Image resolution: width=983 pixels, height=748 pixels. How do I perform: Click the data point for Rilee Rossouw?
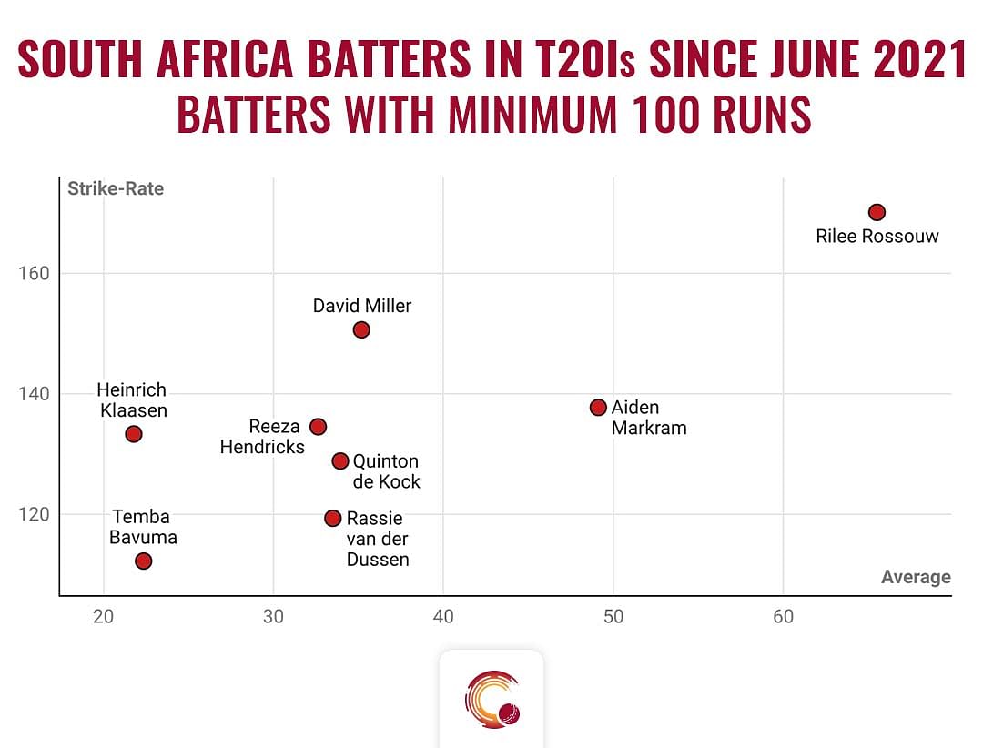(877, 212)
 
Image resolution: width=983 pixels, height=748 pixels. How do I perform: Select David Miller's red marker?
(361, 329)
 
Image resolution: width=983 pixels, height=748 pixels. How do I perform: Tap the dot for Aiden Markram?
(598, 407)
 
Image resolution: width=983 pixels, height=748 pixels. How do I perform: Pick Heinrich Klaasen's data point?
(134, 434)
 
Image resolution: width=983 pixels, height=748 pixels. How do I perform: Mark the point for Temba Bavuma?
(143, 561)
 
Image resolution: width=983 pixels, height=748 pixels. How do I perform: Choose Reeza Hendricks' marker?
(318, 427)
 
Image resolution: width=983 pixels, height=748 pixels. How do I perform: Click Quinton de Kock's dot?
(340, 460)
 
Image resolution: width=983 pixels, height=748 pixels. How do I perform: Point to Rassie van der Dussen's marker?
(332, 518)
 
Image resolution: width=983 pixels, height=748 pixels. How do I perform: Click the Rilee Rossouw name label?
(877, 237)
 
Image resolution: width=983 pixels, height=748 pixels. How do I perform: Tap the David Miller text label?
(362, 306)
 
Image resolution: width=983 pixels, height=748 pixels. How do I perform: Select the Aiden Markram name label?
(648, 417)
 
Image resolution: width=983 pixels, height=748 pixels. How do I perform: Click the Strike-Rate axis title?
(116, 189)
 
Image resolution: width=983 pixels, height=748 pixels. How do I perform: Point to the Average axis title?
(916, 577)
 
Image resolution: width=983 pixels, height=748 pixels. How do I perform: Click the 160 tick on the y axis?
(33, 273)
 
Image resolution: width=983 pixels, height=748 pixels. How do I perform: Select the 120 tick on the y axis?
(33, 514)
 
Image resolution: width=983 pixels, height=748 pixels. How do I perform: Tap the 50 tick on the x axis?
(613, 617)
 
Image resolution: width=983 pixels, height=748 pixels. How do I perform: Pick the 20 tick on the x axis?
(104, 617)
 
